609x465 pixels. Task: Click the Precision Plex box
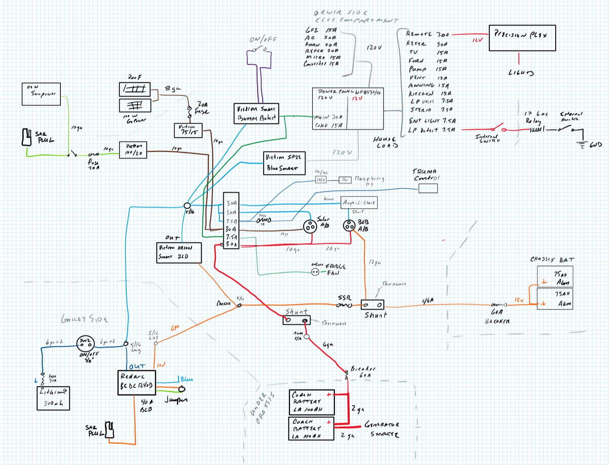[522, 38]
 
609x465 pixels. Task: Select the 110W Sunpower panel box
[41, 94]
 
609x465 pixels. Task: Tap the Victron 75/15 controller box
[188, 130]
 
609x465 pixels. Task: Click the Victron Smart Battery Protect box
[256, 113]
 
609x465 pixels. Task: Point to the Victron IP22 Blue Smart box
[284, 163]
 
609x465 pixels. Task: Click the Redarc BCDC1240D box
[137, 383]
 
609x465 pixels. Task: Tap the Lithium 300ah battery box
[53, 398]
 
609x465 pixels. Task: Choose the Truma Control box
[428, 188]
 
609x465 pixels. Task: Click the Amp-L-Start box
[359, 202]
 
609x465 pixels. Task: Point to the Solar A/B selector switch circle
[310, 226]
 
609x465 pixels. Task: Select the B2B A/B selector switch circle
[349, 225]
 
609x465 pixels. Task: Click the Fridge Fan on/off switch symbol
[315, 272]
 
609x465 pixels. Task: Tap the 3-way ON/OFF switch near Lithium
[85, 342]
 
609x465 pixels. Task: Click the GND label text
[595, 145]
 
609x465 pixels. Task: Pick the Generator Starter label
[383, 429]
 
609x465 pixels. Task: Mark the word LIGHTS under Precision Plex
[521, 73]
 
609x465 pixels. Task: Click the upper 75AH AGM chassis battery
[555, 277]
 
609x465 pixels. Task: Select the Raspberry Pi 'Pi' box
[345, 180]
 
